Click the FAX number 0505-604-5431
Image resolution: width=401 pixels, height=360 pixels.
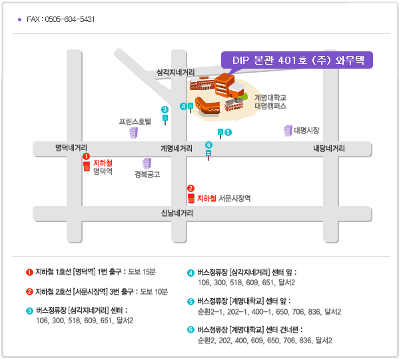click(x=70, y=19)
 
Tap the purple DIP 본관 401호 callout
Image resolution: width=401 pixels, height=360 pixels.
click(x=297, y=60)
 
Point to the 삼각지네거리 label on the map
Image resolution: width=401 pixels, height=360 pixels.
click(x=175, y=73)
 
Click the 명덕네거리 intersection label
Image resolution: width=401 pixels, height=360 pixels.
click(x=71, y=147)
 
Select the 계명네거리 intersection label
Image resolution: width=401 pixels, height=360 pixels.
click(x=177, y=149)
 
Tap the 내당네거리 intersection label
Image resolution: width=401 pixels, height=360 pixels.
click(x=329, y=149)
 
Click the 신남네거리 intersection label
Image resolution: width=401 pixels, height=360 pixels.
click(x=177, y=213)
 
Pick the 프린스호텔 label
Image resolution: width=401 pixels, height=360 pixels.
click(x=135, y=121)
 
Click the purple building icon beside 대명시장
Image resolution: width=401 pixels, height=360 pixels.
click(x=288, y=131)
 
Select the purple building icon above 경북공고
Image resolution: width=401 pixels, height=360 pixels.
click(x=147, y=164)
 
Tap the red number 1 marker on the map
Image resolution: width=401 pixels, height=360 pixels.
click(x=86, y=156)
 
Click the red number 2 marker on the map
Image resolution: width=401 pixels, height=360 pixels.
click(x=191, y=188)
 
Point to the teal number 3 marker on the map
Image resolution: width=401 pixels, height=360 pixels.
click(x=165, y=109)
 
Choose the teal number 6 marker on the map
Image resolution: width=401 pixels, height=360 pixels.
click(x=208, y=145)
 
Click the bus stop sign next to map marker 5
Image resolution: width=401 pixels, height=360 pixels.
click(x=220, y=133)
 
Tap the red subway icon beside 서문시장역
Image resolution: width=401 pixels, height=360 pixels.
click(x=191, y=198)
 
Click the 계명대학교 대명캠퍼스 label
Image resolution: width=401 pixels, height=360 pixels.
click(x=270, y=102)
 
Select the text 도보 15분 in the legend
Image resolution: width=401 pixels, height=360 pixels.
click(x=142, y=272)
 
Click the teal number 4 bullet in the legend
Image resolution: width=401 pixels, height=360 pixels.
click(x=191, y=273)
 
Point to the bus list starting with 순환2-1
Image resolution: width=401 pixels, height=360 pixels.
click(x=270, y=312)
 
